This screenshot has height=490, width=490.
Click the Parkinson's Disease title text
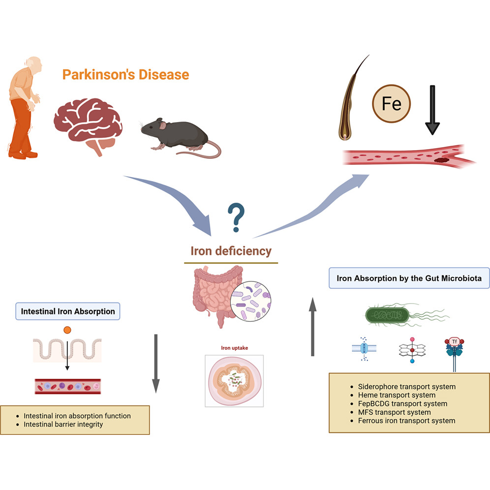click(x=125, y=75)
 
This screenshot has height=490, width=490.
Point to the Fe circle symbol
click(x=392, y=104)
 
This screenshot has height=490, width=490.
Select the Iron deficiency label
click(x=231, y=251)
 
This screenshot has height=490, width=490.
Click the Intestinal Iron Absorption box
click(x=68, y=311)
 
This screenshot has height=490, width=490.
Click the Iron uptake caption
click(x=234, y=348)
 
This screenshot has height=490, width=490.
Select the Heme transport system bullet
click(x=397, y=395)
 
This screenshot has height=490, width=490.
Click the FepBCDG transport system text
click(x=402, y=403)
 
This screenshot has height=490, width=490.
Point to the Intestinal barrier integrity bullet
click(x=63, y=424)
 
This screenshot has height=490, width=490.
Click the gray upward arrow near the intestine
click(x=312, y=327)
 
